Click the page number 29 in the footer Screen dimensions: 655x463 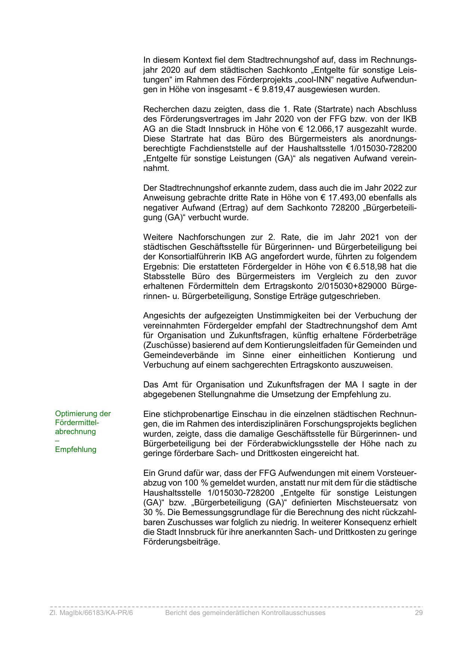[x=418, y=613]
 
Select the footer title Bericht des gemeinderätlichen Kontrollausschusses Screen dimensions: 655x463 [x=245, y=613]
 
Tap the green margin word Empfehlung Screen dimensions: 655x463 [x=75, y=449]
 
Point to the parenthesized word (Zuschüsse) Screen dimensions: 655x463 [x=164, y=345]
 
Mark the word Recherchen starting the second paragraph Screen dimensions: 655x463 [x=162, y=109]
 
